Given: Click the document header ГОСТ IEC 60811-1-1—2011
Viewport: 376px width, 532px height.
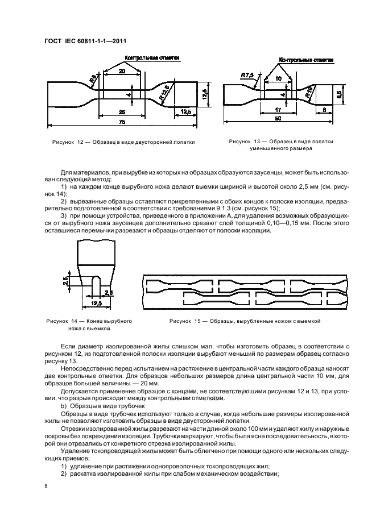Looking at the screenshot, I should [x=85, y=41].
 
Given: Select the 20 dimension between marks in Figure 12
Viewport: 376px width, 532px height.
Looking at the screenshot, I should [x=122, y=72].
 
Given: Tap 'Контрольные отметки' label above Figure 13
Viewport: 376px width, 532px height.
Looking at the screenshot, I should [x=306, y=60].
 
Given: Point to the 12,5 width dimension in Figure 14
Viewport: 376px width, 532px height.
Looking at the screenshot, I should [x=96, y=305].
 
